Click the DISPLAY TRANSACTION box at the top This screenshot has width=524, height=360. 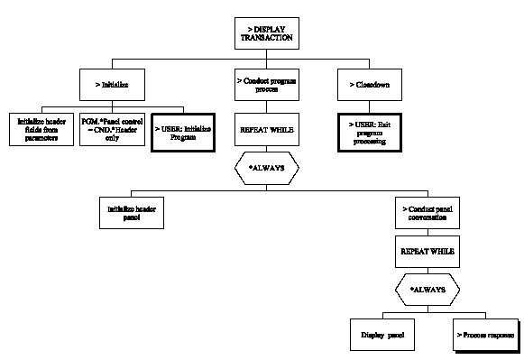(x=262, y=34)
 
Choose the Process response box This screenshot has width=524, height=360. (x=485, y=333)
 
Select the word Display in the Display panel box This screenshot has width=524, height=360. (x=370, y=333)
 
